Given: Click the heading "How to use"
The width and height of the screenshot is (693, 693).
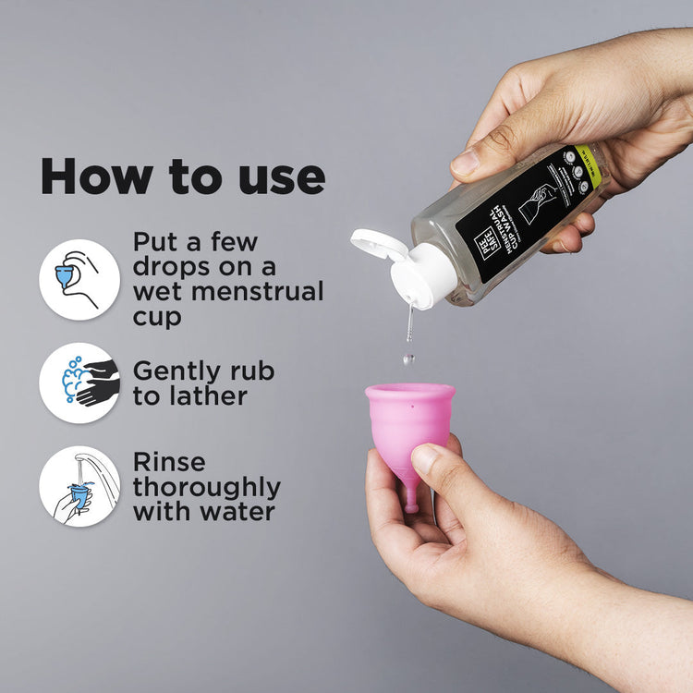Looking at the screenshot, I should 182,176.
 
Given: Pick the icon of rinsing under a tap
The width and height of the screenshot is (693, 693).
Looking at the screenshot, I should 79,486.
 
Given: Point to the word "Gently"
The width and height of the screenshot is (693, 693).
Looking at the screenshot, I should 176,371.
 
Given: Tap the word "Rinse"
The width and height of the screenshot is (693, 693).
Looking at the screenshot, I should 169,462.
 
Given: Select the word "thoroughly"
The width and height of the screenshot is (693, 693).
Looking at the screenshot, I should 207,487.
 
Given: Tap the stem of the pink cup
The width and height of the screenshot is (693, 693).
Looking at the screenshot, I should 410,500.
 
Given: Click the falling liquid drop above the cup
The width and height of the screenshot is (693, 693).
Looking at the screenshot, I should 408,358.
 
